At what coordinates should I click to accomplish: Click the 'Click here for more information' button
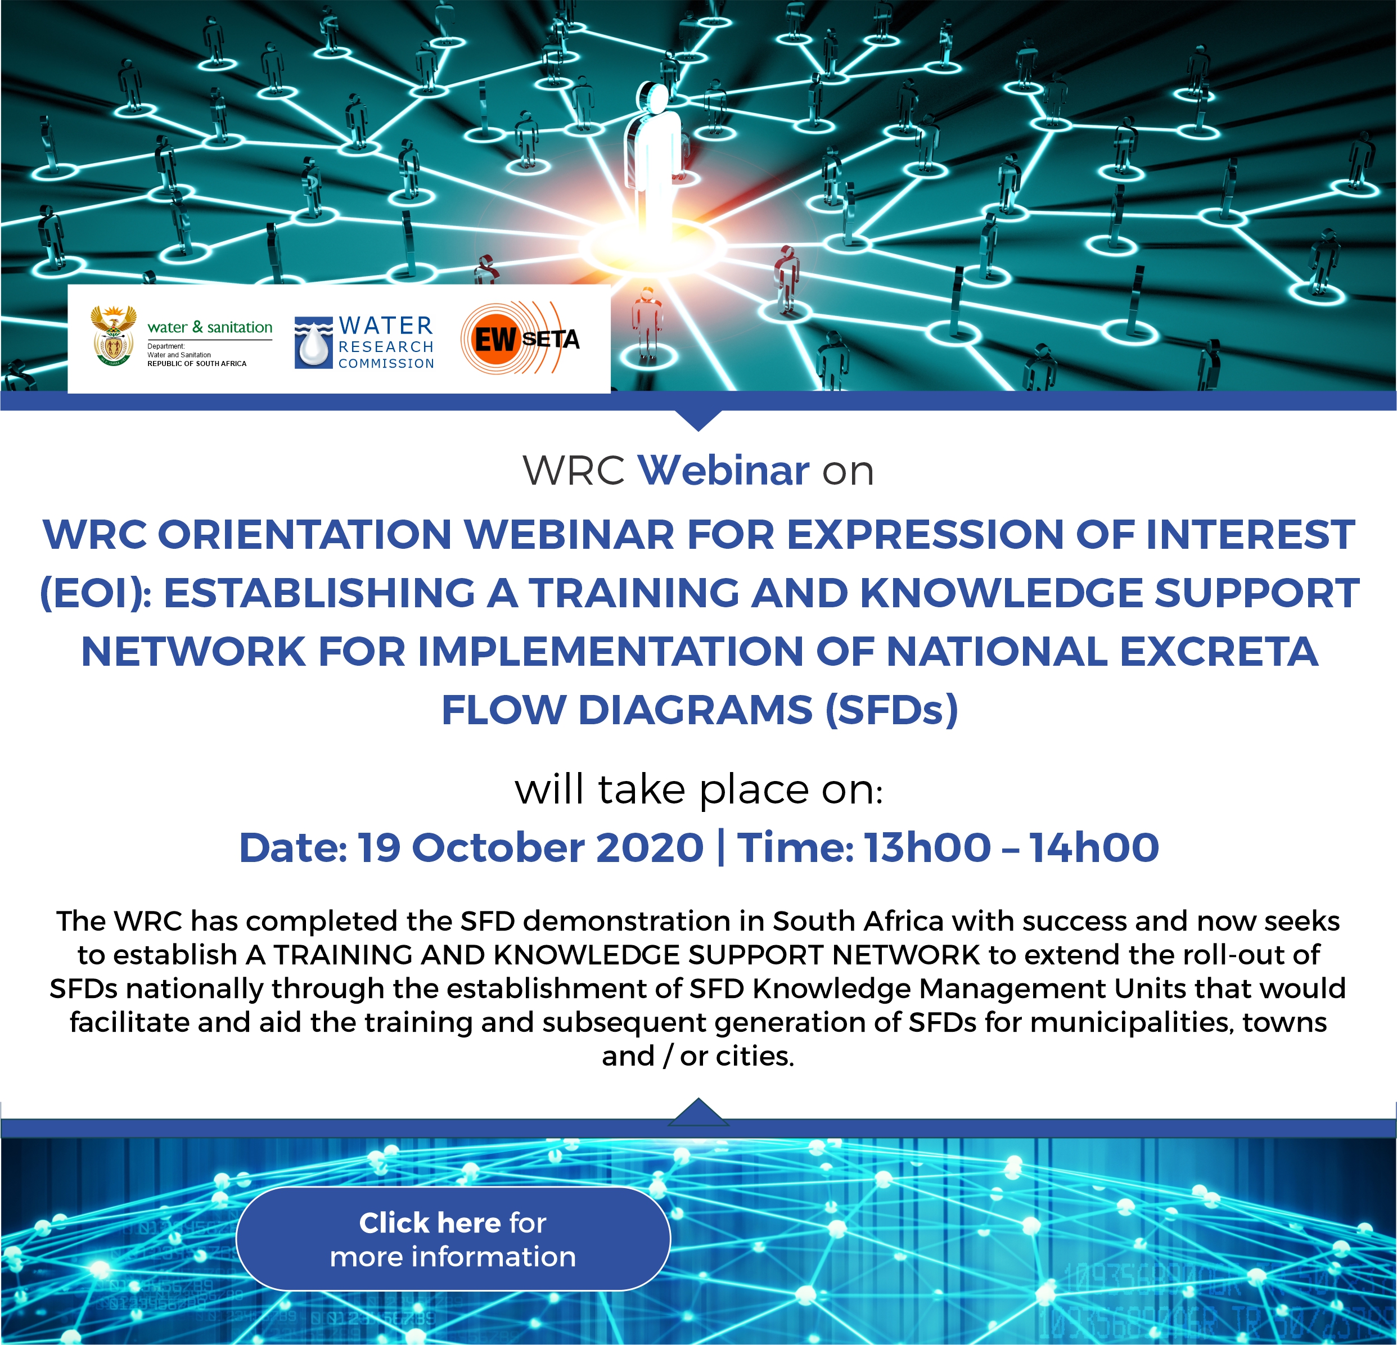[453, 1239]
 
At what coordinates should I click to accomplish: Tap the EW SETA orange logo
[520, 338]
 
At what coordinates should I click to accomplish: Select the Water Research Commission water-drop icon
[314, 343]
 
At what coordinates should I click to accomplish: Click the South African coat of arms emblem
[114, 336]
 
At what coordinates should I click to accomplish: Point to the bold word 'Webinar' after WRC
[723, 471]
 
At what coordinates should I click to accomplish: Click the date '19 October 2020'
[530, 847]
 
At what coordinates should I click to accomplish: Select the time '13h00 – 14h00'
[1012, 847]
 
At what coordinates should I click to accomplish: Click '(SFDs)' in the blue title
[891, 711]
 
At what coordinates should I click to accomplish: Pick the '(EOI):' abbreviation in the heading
[96, 593]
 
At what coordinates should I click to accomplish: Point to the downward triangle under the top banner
[699, 421]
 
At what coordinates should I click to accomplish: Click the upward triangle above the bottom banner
[699, 1112]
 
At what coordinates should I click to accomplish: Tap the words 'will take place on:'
[699, 790]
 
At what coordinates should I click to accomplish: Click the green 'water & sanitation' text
[210, 327]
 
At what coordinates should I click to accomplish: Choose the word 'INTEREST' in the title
[1250, 535]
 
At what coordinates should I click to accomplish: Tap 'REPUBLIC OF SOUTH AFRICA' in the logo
[197, 363]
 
